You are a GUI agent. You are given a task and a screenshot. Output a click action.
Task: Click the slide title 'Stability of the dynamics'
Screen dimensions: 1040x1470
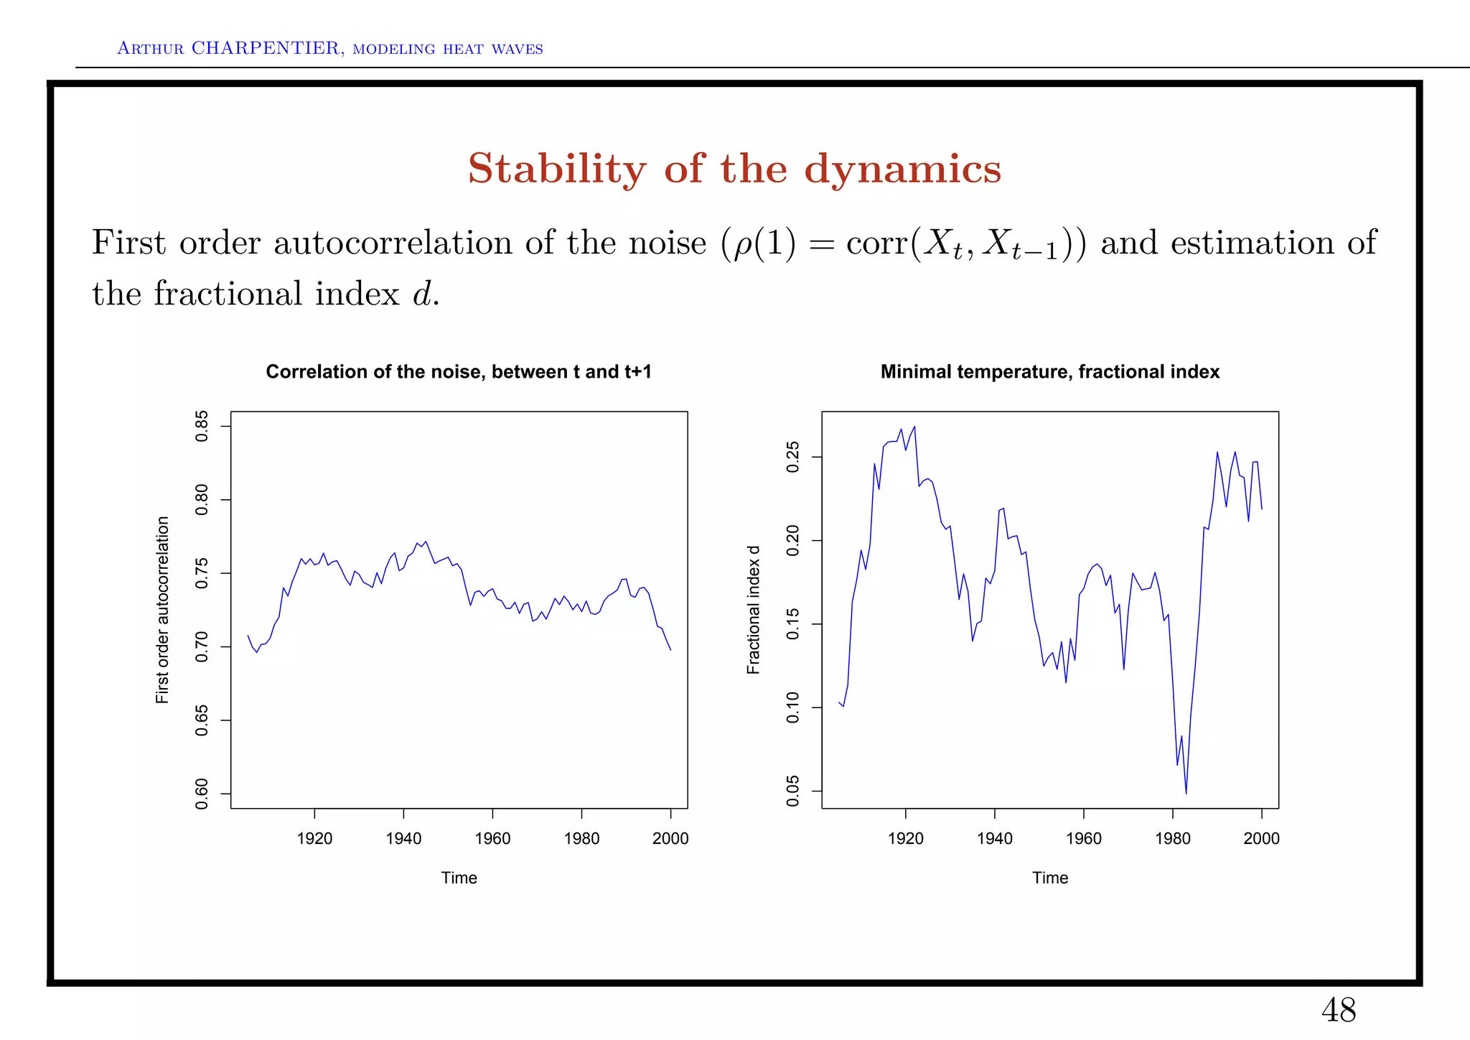point(734,169)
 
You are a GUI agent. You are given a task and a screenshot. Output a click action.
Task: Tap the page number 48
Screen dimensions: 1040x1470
point(1338,1011)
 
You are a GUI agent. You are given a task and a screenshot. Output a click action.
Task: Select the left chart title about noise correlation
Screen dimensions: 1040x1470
point(459,371)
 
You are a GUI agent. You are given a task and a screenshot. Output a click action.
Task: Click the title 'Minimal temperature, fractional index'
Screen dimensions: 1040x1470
point(1049,371)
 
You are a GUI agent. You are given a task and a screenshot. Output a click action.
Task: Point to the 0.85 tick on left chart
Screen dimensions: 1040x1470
point(202,427)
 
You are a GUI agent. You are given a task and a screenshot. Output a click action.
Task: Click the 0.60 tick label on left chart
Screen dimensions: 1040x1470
point(202,793)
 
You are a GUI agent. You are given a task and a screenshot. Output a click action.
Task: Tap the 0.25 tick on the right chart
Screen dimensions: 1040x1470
point(793,458)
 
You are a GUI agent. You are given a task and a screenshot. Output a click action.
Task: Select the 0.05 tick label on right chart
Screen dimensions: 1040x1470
point(793,791)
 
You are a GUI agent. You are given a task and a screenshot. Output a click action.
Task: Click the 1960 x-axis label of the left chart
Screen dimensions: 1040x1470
point(492,838)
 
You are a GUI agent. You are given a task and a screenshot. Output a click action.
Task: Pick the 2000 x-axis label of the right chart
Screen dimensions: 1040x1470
point(1261,838)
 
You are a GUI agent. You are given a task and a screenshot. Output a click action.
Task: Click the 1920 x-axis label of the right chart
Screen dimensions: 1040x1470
point(905,838)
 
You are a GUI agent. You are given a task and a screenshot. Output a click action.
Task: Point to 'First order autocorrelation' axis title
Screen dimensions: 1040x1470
point(163,610)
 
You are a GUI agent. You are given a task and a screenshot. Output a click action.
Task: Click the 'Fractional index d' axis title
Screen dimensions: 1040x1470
point(753,610)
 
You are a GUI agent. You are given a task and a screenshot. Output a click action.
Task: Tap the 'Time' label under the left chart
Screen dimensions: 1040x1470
point(459,878)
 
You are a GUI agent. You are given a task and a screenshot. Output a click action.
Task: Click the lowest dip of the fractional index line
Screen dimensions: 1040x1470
point(1186,793)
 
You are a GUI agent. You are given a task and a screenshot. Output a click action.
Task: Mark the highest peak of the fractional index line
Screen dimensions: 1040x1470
point(914,427)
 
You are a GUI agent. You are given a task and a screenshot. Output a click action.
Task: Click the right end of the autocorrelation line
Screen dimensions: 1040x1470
point(670,649)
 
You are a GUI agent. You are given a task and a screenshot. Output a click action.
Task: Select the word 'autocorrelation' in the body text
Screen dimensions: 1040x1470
point(393,243)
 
